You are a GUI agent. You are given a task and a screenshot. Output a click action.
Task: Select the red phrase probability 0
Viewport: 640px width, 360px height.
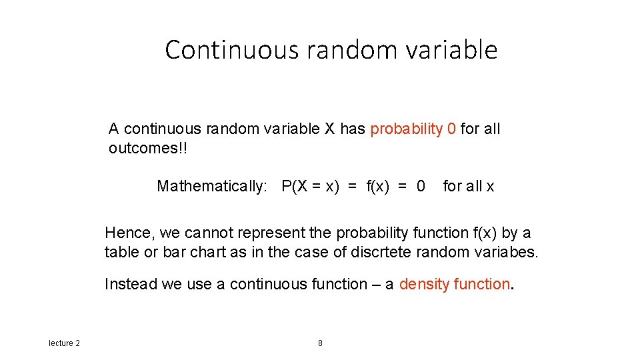point(413,129)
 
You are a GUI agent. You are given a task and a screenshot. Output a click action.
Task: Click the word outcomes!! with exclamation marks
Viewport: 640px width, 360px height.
point(148,148)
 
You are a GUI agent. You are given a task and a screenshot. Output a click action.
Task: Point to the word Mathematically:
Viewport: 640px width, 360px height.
point(211,186)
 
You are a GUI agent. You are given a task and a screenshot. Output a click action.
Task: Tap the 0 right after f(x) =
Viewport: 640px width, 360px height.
point(420,186)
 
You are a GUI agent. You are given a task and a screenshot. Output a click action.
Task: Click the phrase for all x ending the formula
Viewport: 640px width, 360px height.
point(469,186)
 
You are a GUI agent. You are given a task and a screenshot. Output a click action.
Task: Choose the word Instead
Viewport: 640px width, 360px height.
point(131,284)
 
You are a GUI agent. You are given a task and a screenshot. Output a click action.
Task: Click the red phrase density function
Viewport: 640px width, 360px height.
point(454,284)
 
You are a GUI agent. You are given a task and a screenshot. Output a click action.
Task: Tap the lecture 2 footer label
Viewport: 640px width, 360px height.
point(64,343)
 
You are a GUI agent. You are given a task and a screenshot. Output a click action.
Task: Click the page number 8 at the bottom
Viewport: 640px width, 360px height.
point(320,343)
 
